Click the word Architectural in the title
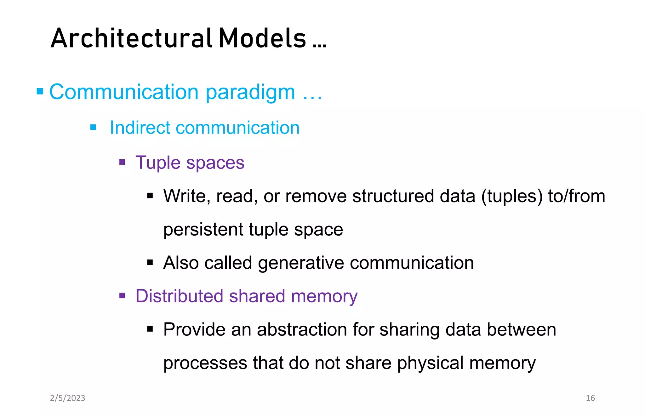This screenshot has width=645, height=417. click(x=131, y=38)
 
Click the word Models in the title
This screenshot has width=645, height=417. click(x=262, y=38)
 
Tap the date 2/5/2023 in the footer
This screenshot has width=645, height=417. click(x=67, y=398)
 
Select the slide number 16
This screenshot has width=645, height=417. click(x=590, y=398)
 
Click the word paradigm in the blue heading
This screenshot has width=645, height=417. click(x=250, y=92)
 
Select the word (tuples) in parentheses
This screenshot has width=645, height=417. click(x=512, y=196)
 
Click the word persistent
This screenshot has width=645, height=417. click(x=203, y=229)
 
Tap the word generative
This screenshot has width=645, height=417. click(x=301, y=263)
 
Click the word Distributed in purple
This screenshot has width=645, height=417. click(x=179, y=296)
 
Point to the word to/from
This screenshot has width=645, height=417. click(x=576, y=196)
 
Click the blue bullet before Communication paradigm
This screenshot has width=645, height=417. click(x=40, y=92)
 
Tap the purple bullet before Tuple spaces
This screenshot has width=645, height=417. click(x=122, y=163)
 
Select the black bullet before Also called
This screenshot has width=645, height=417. click(x=150, y=262)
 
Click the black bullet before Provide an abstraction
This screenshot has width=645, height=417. click(x=150, y=329)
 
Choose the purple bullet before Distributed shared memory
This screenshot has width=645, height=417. click(x=122, y=296)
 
